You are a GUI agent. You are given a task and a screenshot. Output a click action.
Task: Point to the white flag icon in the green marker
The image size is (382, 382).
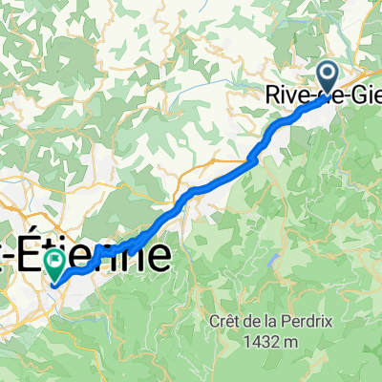(x=56, y=260)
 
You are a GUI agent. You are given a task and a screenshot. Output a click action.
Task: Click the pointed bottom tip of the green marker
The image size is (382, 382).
(x=56, y=282)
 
